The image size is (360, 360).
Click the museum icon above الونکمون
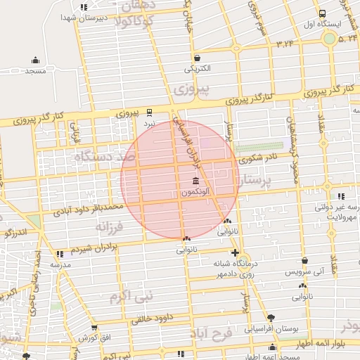pyautogui.click(x=195, y=181)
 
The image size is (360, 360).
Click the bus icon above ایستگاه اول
pyautogui.click(x=322, y=13)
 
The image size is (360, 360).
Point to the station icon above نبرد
pyautogui.click(x=149, y=111)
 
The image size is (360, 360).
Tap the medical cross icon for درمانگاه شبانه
pyautogui.click(x=235, y=252)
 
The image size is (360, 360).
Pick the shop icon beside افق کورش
pyautogui.click(x=94, y=327)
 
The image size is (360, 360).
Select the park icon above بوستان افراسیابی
pyautogui.click(x=271, y=317)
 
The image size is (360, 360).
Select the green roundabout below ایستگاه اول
pyautogui.click(x=328, y=38)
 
